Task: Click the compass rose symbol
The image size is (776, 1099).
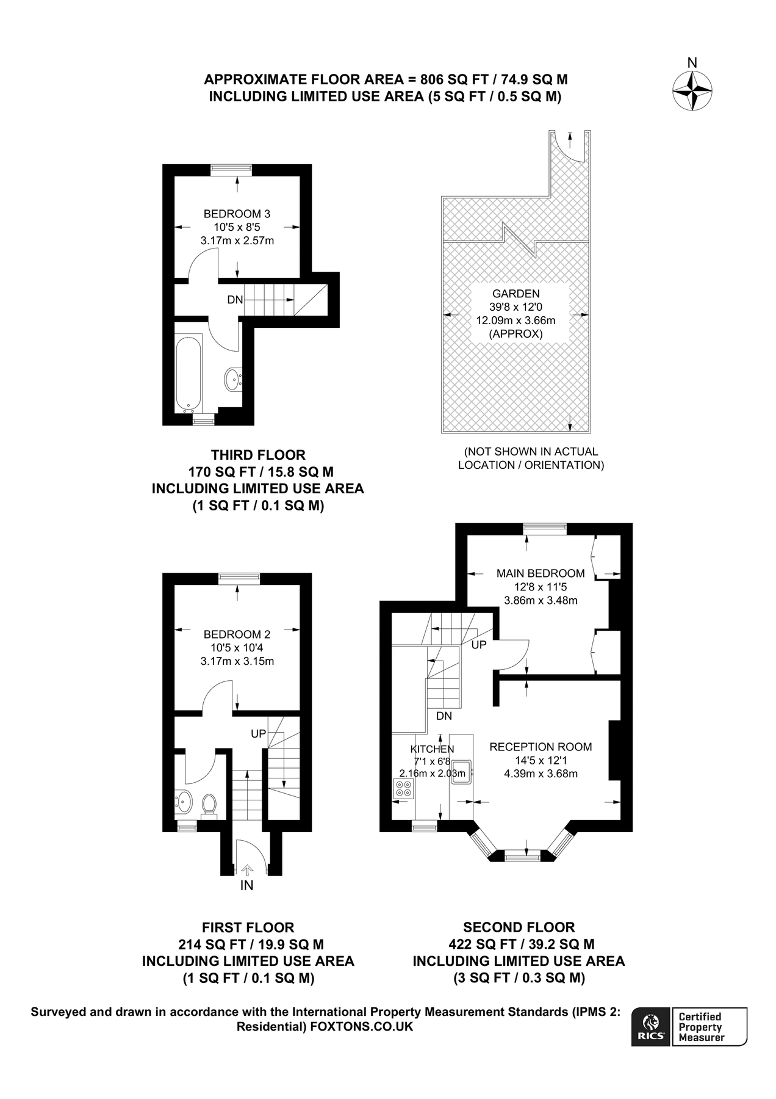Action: pyautogui.click(x=692, y=91)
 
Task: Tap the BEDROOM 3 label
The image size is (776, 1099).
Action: pyautogui.click(x=237, y=214)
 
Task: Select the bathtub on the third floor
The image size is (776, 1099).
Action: pyautogui.click(x=189, y=373)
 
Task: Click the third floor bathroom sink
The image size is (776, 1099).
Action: pyautogui.click(x=232, y=379)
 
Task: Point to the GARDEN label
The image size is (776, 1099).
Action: pyautogui.click(x=516, y=294)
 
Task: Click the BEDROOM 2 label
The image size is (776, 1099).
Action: pyautogui.click(x=237, y=634)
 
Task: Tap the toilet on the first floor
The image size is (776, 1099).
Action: pyautogui.click(x=209, y=804)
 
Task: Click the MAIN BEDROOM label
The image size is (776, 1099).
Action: pyautogui.click(x=541, y=573)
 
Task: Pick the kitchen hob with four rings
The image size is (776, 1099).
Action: pyautogui.click(x=404, y=788)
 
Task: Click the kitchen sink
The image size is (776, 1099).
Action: pyautogui.click(x=461, y=772)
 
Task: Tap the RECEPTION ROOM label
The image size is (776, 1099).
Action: pyautogui.click(x=541, y=747)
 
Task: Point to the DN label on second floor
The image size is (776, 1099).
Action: pyautogui.click(x=444, y=716)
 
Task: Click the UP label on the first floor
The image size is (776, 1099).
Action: pyautogui.click(x=259, y=733)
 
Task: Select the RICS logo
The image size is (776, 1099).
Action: pyautogui.click(x=652, y=1027)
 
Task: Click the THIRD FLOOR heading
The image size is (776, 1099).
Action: pyautogui.click(x=258, y=455)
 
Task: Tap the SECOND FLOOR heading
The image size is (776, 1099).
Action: pyautogui.click(x=519, y=927)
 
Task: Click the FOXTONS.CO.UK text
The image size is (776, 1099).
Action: pyautogui.click(x=362, y=1026)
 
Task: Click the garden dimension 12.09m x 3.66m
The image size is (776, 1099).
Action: pyautogui.click(x=516, y=321)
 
